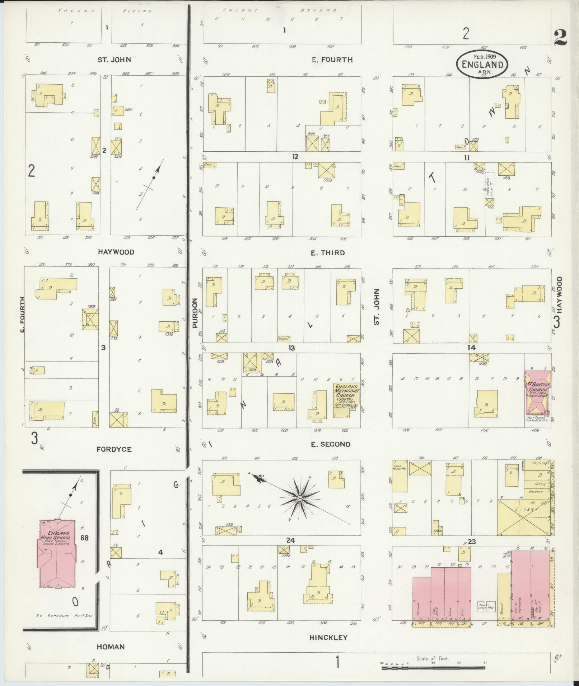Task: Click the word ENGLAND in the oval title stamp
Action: click(x=482, y=65)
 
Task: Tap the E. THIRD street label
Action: click(x=327, y=253)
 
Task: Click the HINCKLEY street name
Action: click(x=328, y=637)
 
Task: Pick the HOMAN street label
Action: click(x=111, y=647)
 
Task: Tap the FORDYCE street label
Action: click(x=114, y=449)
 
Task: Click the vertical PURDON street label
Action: click(x=195, y=313)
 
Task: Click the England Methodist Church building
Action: click(x=346, y=400)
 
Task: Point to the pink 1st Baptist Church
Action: click(x=537, y=393)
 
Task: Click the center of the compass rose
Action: click(x=299, y=498)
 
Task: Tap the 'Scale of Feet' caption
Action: click(x=433, y=658)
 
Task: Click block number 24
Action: click(x=290, y=540)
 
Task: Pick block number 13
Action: click(x=291, y=348)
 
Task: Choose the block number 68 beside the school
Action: click(x=85, y=538)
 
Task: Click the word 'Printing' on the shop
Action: click(x=540, y=463)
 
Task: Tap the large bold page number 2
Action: click(x=560, y=37)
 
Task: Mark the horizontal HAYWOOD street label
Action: click(x=116, y=252)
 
